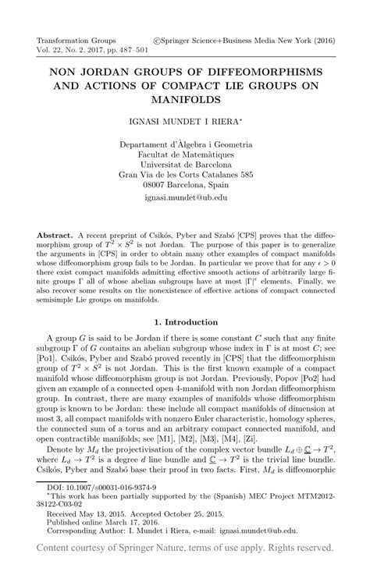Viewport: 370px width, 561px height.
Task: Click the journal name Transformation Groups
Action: pyautogui.click(x=77, y=37)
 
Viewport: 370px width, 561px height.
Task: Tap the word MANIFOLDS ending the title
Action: pyautogui.click(x=185, y=100)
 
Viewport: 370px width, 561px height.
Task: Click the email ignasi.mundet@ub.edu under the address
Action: pyautogui.click(x=185, y=199)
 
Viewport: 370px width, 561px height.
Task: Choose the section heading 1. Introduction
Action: pyautogui.click(x=185, y=321)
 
